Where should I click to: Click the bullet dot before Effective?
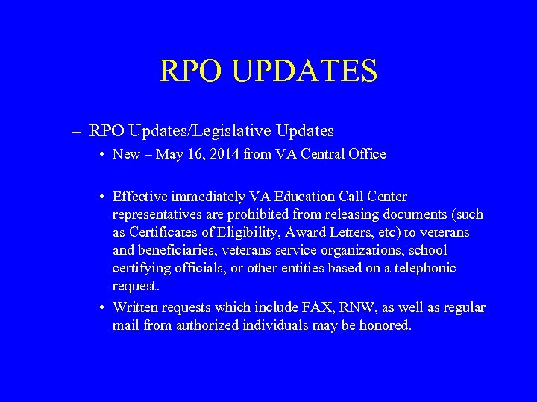coord(101,197)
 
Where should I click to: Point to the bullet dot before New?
coord(101,155)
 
